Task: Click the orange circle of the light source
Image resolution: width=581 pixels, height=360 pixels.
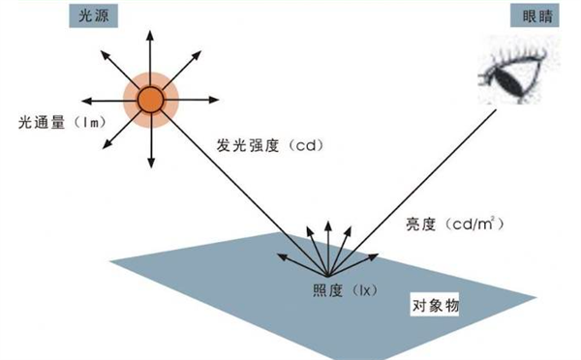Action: (x=150, y=99)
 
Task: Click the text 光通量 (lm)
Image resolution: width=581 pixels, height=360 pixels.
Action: (x=60, y=122)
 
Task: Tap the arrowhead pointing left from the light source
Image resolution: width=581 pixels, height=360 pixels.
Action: (x=85, y=99)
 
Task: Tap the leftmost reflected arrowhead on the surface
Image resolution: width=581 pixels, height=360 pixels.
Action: (x=281, y=255)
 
